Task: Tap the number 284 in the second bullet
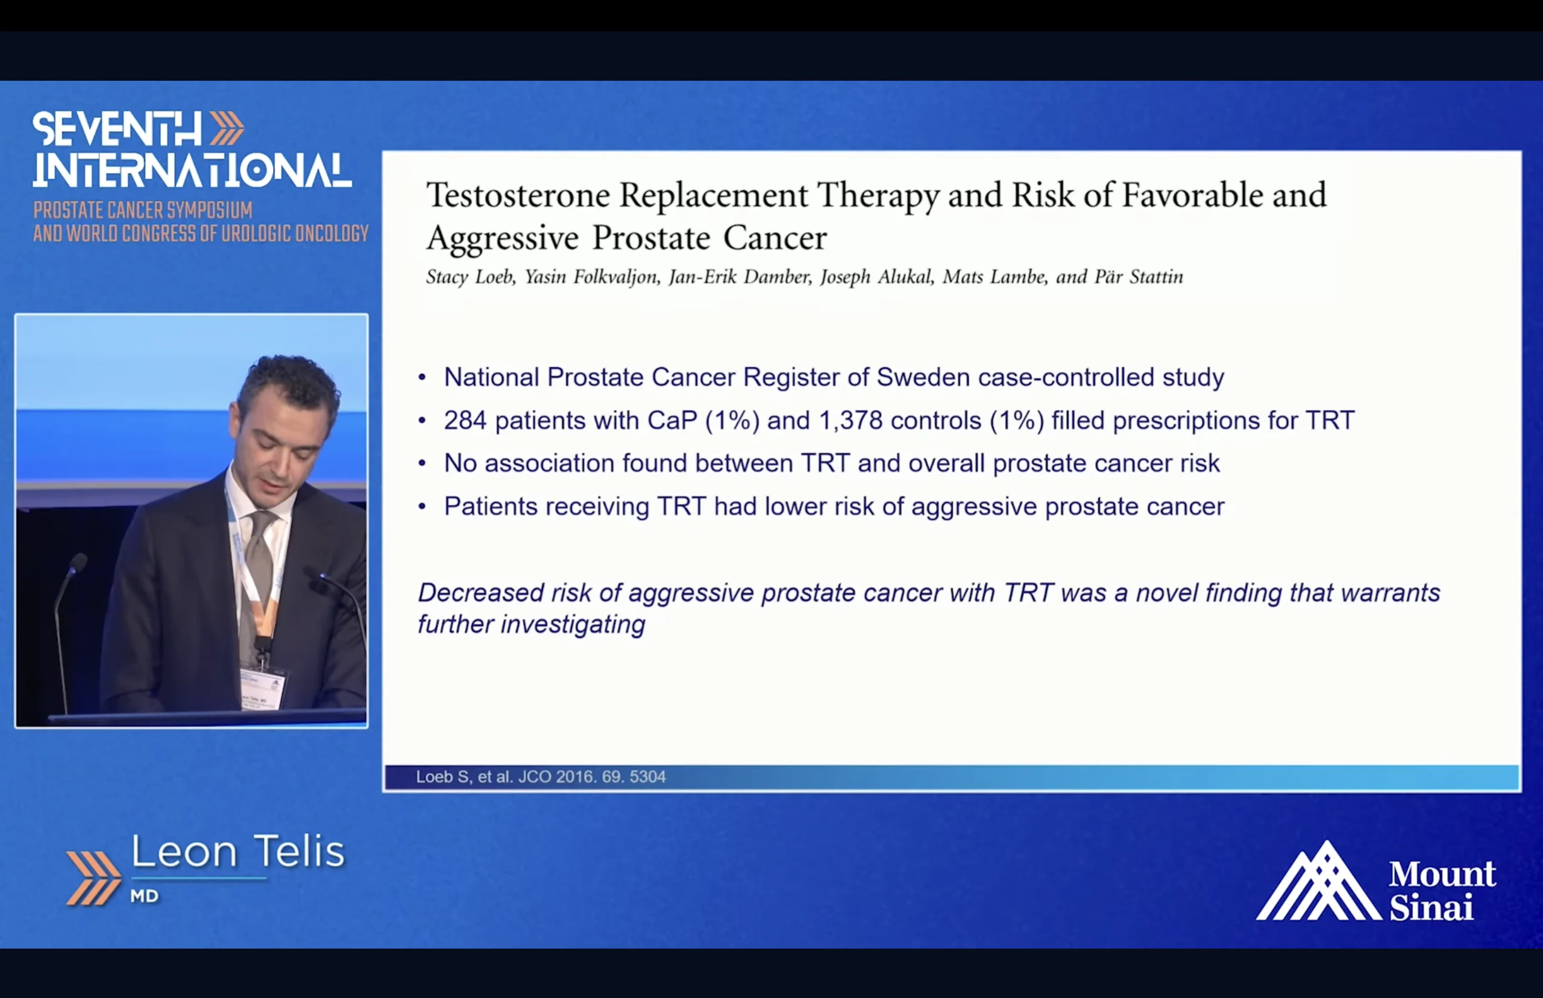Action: tap(465, 421)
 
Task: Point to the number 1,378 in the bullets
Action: tap(851, 421)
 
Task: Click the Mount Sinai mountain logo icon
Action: tap(1318, 880)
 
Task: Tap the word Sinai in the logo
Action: tap(1431, 906)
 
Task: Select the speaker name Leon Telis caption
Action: tap(238, 852)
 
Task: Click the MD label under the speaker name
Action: tap(145, 896)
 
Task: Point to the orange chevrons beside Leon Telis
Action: tap(93, 878)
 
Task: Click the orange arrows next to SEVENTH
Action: tap(227, 128)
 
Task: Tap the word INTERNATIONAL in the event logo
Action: tap(192, 171)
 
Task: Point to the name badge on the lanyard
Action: tap(262, 689)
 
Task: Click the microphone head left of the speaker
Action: tap(77, 563)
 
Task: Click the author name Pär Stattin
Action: tap(1139, 277)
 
